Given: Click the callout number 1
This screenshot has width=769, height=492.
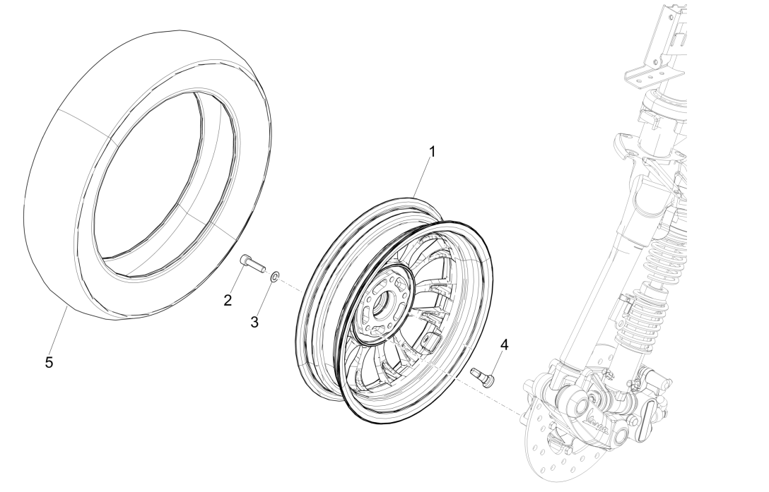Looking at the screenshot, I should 433,151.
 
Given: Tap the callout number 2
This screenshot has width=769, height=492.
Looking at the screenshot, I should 228,300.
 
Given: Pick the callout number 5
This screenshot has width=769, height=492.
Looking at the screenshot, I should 49,362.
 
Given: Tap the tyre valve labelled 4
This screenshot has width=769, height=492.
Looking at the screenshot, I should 483,376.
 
